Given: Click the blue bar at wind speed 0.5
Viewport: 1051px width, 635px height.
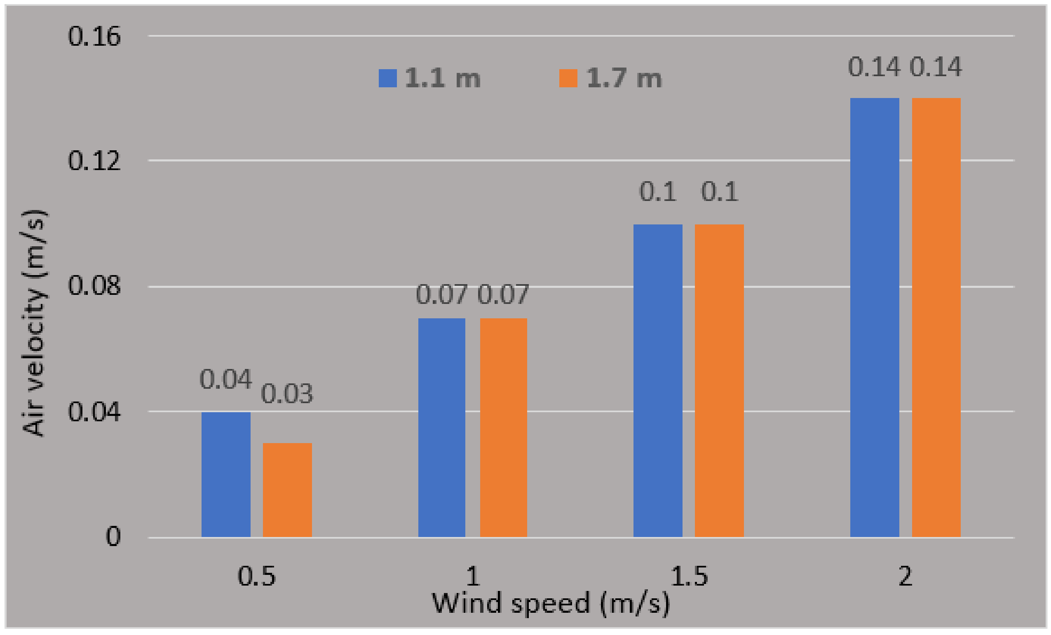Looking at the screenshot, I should click(225, 474).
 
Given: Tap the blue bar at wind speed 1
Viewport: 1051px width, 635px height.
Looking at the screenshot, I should click(441, 427).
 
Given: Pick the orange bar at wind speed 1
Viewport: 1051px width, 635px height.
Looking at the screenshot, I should click(503, 427).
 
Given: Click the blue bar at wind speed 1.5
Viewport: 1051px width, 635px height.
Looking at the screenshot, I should click(658, 380).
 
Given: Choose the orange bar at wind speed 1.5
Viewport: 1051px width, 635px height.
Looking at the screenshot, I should click(719, 380).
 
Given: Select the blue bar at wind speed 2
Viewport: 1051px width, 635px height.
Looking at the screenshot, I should click(875, 317).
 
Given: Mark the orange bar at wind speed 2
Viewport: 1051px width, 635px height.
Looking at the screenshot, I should click(936, 317).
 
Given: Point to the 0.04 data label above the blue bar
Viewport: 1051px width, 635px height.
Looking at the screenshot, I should click(225, 379).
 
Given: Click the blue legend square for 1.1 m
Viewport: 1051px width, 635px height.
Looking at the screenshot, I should click(388, 78).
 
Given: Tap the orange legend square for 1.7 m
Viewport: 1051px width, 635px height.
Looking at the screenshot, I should click(568, 78).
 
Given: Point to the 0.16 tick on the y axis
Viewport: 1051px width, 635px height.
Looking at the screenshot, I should click(94, 37).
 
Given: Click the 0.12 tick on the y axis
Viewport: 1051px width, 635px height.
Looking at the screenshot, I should click(94, 161).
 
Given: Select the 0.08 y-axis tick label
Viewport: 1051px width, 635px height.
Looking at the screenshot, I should click(94, 285).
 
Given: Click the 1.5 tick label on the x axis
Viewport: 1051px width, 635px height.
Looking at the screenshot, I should click(689, 576).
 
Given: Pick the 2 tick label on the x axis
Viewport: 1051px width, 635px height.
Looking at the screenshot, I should click(905, 576).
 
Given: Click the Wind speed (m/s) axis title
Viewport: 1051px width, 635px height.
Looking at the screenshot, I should click(551, 603).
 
